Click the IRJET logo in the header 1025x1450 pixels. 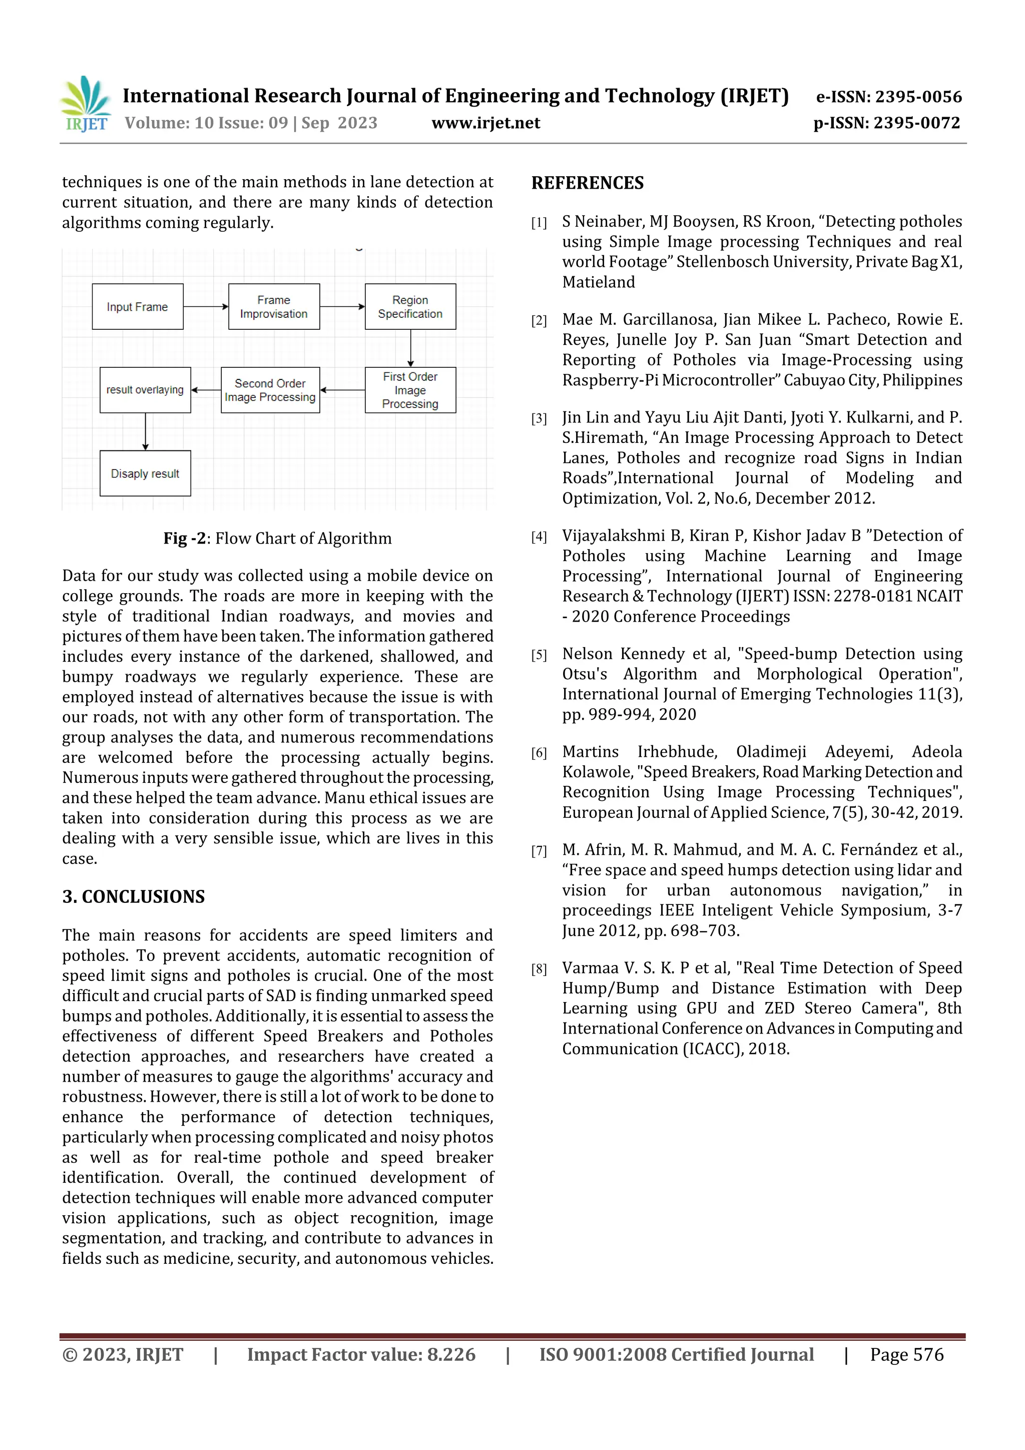85,104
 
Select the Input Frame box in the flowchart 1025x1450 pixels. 137,307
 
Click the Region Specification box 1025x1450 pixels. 410,307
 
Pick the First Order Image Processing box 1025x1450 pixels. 410,390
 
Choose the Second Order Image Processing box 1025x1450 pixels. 270,390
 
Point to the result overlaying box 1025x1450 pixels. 145,390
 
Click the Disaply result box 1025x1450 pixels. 145,473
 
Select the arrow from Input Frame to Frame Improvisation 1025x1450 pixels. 205,307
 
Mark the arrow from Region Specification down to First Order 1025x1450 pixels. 410,348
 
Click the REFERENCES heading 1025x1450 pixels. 588,183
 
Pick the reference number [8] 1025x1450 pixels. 539,970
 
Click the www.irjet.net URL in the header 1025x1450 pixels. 485,123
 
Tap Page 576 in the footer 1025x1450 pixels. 906,1354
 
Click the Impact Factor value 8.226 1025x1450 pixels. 451,1354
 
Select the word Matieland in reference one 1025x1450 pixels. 598,282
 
